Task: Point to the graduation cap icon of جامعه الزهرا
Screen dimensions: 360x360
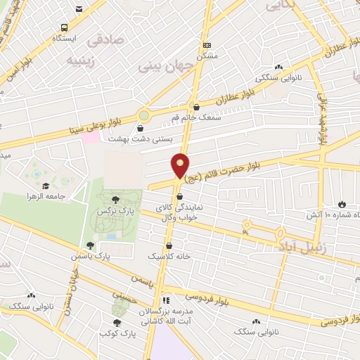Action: click(x=46, y=186)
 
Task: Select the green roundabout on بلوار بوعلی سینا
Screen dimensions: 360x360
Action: click(x=143, y=114)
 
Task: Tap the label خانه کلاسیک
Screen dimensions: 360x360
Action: click(x=169, y=257)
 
